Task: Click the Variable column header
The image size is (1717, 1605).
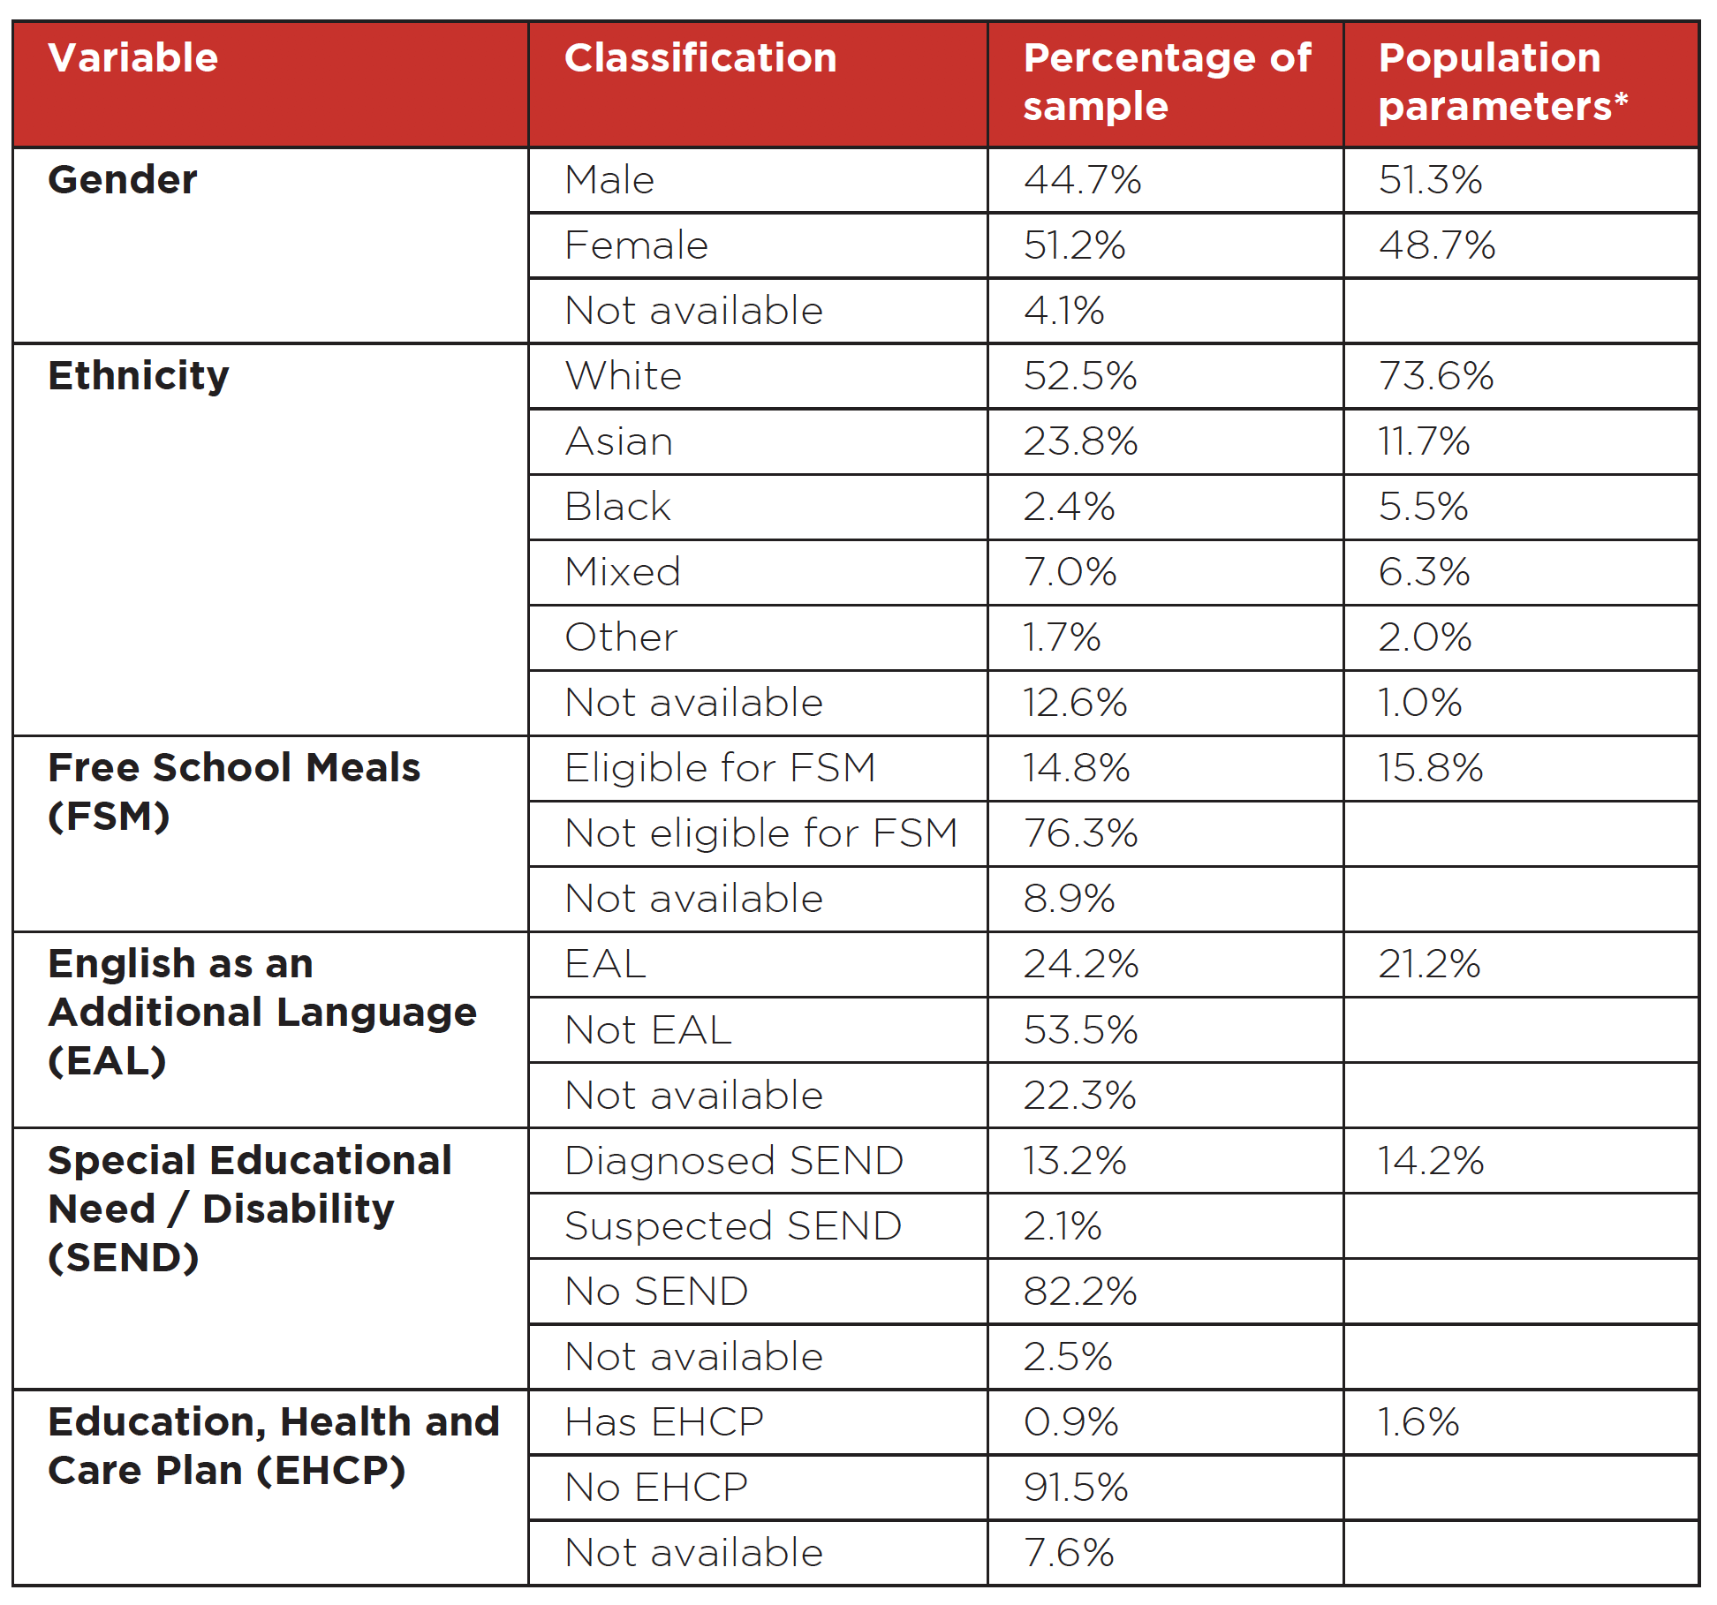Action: (133, 58)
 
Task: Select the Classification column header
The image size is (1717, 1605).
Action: (700, 58)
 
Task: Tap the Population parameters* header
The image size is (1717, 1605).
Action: (1503, 82)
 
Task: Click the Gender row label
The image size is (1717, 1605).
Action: (123, 180)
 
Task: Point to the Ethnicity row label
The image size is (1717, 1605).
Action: (139, 377)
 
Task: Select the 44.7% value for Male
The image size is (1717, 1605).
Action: (1083, 180)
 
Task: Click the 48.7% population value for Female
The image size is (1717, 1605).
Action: (1437, 245)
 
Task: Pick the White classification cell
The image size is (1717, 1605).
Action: (624, 376)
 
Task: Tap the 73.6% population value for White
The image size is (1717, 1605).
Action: (1436, 376)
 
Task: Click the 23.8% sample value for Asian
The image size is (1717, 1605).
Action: (1081, 441)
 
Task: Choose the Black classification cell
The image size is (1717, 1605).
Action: (618, 507)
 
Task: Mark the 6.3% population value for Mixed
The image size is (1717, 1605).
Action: (1424, 572)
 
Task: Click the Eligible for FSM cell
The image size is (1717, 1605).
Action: (721, 768)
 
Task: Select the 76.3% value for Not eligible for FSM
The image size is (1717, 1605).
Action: (1081, 833)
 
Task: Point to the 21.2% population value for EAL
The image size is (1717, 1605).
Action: (1430, 964)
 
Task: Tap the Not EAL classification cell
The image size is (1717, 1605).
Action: (649, 1030)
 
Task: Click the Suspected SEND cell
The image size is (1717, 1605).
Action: (734, 1226)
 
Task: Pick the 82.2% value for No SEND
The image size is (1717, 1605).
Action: (1080, 1292)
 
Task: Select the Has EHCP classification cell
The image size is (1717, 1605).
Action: (664, 1422)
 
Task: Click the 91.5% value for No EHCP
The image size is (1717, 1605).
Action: (1077, 1488)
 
